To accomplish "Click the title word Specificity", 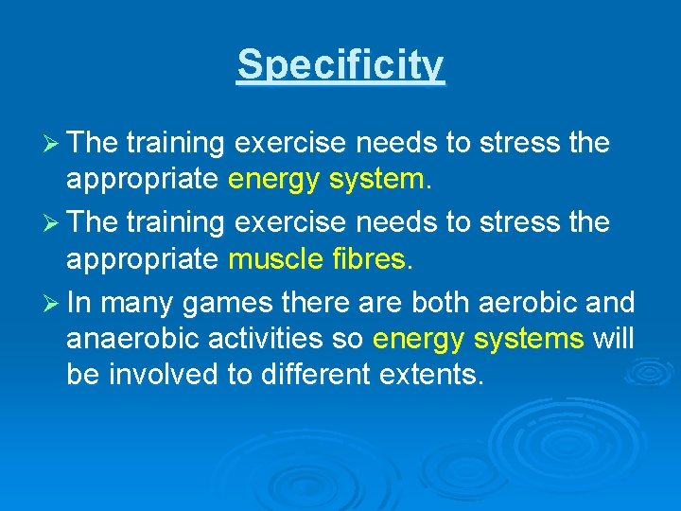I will [x=340, y=65].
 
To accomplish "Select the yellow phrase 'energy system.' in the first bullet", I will [x=330, y=180].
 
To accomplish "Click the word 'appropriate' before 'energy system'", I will [x=143, y=181].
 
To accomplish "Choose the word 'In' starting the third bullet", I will [x=78, y=304].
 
